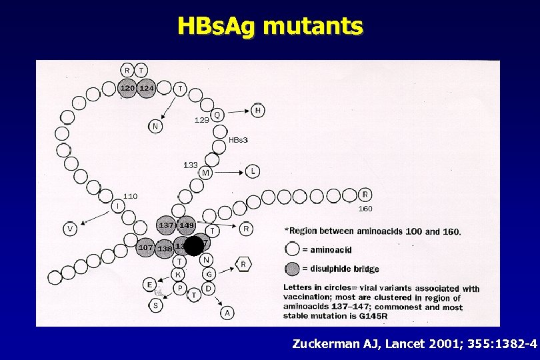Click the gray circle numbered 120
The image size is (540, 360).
(x=127, y=88)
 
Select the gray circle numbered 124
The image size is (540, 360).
(x=146, y=88)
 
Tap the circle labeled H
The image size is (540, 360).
(x=258, y=110)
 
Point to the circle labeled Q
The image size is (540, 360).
(x=217, y=115)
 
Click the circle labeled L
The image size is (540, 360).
(x=252, y=171)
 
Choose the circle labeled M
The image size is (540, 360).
(x=205, y=173)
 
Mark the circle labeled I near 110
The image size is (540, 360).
(x=117, y=206)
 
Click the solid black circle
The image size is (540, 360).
(x=193, y=246)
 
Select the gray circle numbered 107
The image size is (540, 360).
(x=146, y=247)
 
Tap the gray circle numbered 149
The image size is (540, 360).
(x=186, y=225)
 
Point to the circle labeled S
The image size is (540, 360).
(x=155, y=305)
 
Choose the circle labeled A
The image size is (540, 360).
(x=227, y=312)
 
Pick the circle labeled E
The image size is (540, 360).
(x=151, y=285)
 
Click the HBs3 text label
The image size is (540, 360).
(x=238, y=140)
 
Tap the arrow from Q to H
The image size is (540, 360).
(x=238, y=112)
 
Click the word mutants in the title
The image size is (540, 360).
(x=313, y=26)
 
